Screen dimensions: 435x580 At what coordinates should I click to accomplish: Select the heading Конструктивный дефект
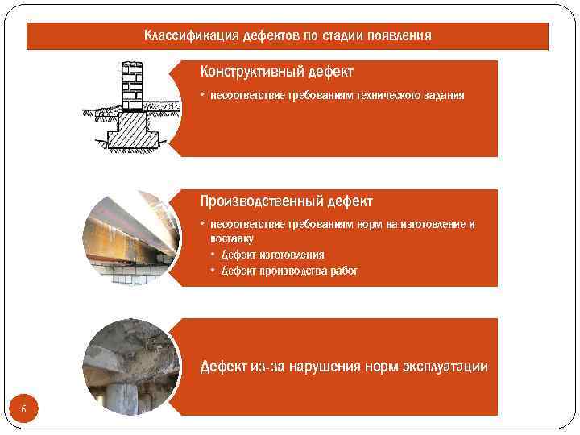point(276,72)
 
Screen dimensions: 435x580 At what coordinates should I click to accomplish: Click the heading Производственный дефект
point(286,201)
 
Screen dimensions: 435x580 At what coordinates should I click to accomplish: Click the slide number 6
point(23,410)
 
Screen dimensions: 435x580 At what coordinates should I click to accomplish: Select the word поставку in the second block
point(232,238)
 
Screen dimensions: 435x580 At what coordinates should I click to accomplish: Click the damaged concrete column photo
point(130,367)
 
